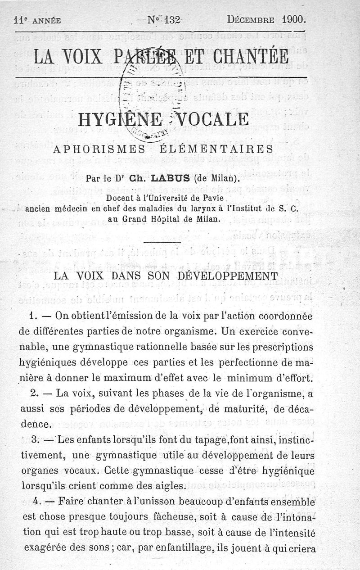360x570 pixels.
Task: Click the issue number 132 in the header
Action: (x=172, y=19)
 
